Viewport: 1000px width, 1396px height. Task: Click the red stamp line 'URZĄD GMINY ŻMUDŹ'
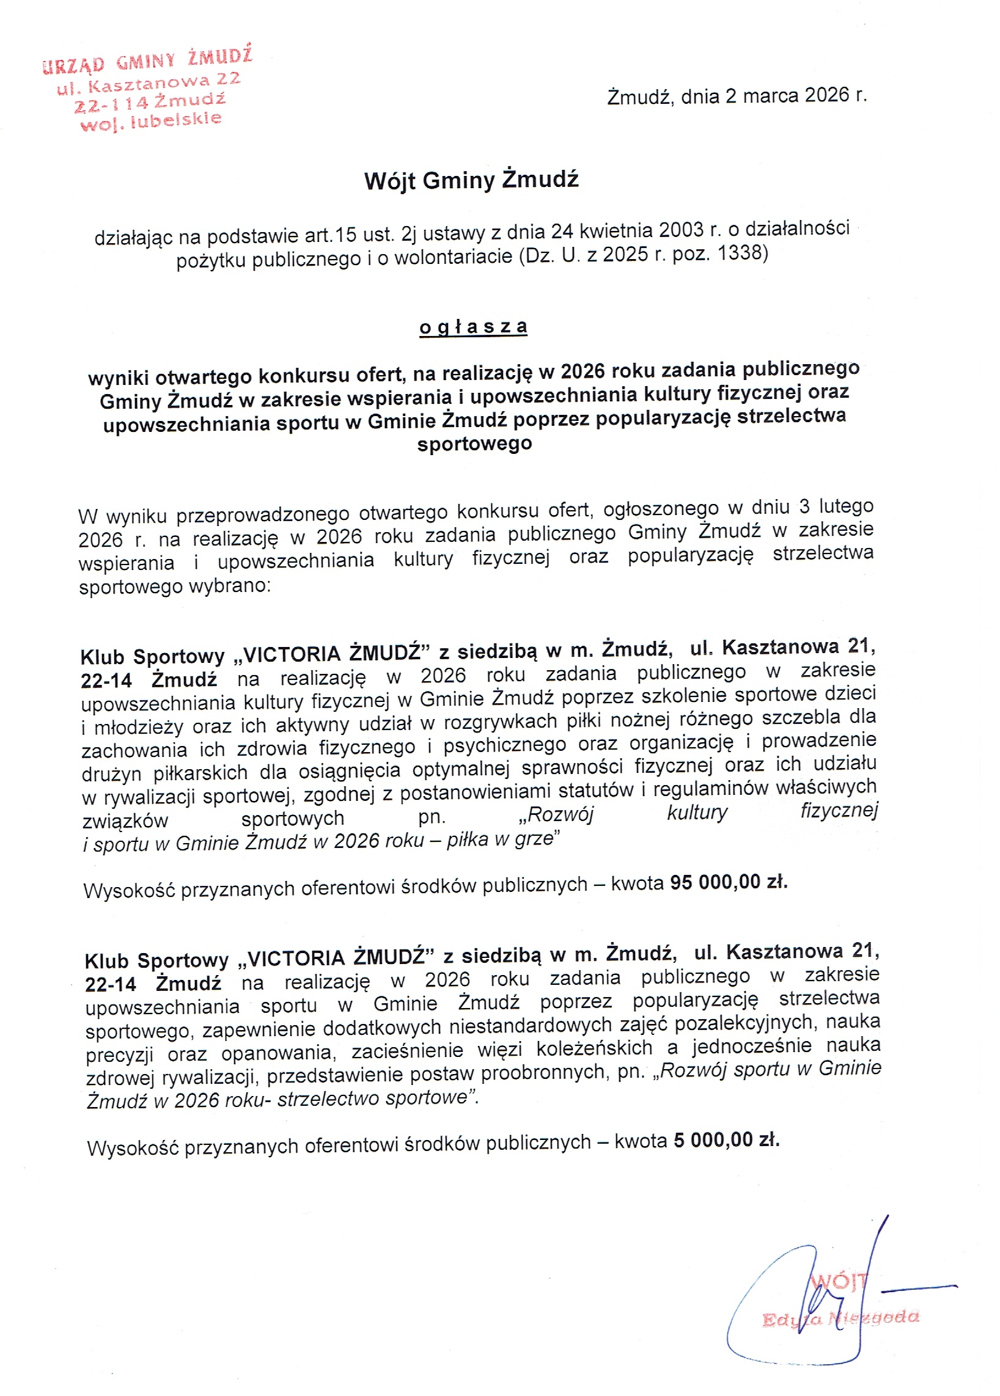pos(148,60)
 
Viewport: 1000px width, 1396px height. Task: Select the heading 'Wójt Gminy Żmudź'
pos(472,180)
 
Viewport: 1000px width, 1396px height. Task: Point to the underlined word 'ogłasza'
pos(473,327)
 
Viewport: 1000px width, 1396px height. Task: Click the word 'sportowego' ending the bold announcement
pos(474,443)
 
